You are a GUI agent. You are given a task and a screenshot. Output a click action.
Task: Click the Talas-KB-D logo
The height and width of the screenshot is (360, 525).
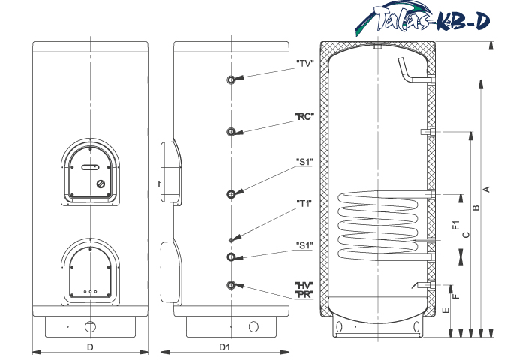tap(422, 19)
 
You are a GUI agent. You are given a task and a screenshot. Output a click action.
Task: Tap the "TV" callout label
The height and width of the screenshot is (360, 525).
tap(304, 64)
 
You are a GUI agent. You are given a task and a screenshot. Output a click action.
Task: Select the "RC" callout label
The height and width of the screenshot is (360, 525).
tap(304, 116)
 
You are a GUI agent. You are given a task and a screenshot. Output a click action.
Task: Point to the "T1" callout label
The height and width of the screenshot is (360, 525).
tap(304, 203)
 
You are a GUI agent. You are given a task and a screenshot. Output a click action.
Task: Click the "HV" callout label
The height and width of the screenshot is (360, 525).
tap(304, 285)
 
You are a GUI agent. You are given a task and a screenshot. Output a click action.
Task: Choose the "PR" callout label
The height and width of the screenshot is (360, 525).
tap(304, 294)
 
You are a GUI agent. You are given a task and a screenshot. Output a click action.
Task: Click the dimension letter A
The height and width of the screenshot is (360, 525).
tap(487, 190)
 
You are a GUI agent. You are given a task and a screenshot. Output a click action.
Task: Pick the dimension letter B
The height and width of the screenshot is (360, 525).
tap(475, 208)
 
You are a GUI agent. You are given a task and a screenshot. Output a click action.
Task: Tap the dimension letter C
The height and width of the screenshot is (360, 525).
tap(466, 235)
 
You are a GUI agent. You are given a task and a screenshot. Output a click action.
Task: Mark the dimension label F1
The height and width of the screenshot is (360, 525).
tap(456, 225)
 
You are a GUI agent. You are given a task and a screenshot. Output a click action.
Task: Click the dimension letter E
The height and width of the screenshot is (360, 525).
tap(445, 310)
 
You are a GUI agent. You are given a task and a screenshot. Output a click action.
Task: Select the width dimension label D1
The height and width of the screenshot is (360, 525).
tap(225, 347)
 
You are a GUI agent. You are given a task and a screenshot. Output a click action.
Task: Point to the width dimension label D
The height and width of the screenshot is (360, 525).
tap(90, 347)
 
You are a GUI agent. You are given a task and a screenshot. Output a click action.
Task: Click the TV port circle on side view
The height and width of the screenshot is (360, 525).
tap(231, 79)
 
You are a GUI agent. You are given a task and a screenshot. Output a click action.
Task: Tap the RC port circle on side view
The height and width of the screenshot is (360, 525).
tap(231, 132)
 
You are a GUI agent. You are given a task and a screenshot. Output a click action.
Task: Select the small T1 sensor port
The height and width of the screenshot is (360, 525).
tap(231, 240)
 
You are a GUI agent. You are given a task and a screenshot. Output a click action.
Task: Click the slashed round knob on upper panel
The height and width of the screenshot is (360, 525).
tap(100, 184)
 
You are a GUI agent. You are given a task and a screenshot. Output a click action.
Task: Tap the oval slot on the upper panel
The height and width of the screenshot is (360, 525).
tap(90, 167)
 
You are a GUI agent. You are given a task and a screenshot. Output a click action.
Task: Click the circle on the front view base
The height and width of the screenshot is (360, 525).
tap(90, 326)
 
